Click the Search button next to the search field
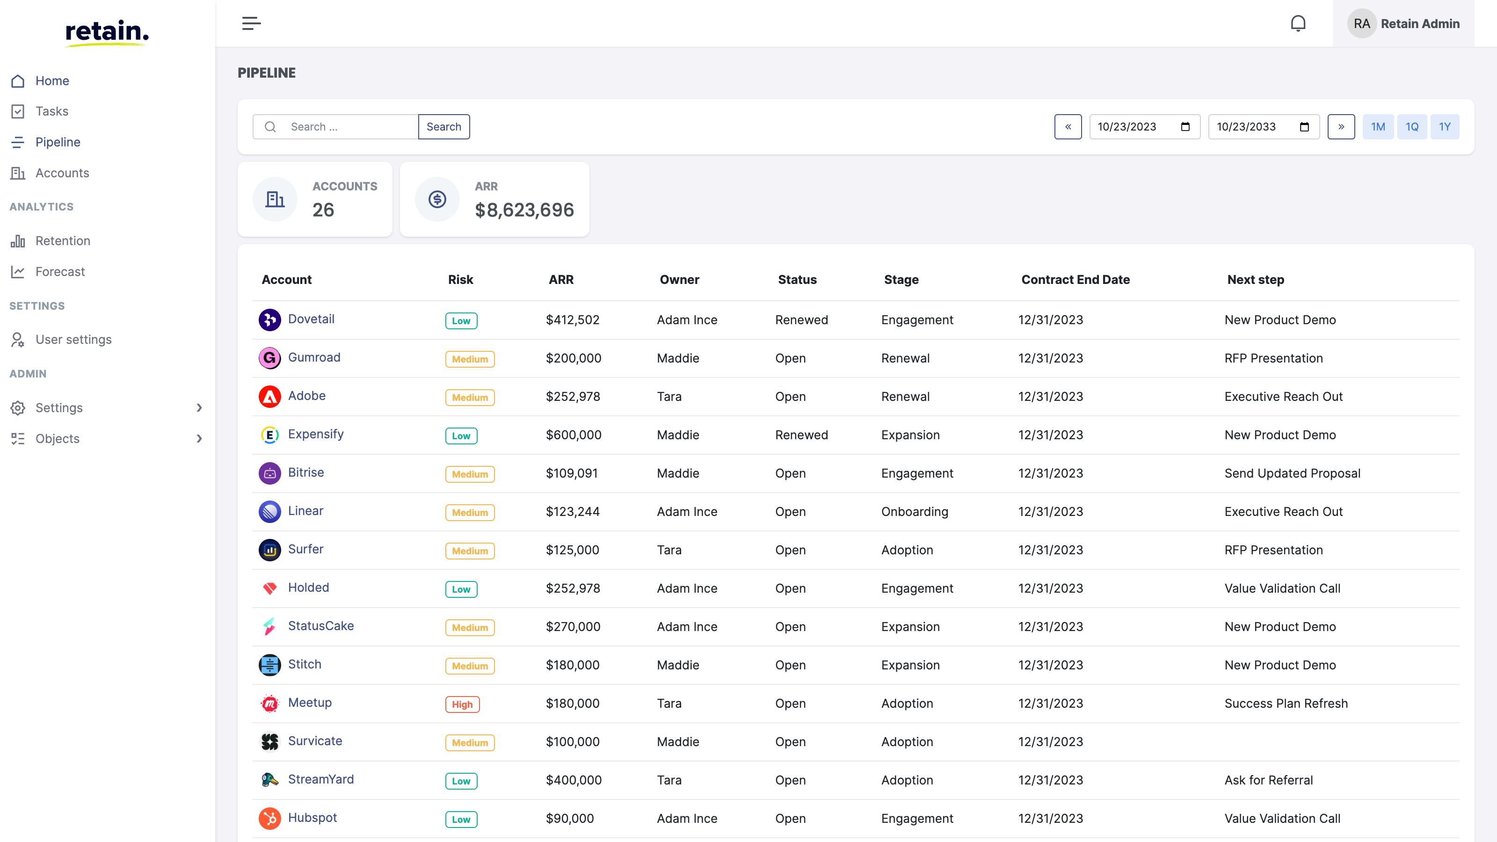coord(443,127)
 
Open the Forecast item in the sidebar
coord(60,271)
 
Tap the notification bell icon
coord(1298,23)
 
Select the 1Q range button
coord(1411,127)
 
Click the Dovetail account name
coord(311,319)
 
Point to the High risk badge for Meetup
coord(462,704)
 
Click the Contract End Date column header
coord(1075,280)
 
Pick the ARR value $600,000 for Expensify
coord(573,435)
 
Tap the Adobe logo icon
coord(269,396)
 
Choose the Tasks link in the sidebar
coord(52,111)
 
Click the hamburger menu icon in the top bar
coord(251,23)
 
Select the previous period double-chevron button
coord(1068,127)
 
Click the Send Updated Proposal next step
coord(1292,473)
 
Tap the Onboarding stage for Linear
coord(914,511)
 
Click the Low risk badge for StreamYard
coord(461,781)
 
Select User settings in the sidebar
coord(73,339)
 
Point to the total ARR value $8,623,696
coord(523,210)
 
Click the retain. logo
coord(107,32)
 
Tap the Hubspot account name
coord(312,818)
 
